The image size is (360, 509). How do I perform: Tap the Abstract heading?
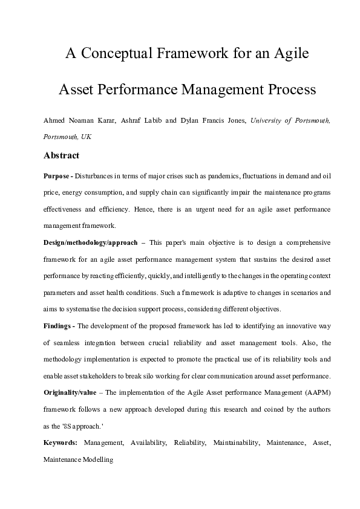pos(61,155)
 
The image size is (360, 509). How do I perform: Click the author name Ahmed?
pos(55,120)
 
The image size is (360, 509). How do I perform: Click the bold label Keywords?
pos(61,443)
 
